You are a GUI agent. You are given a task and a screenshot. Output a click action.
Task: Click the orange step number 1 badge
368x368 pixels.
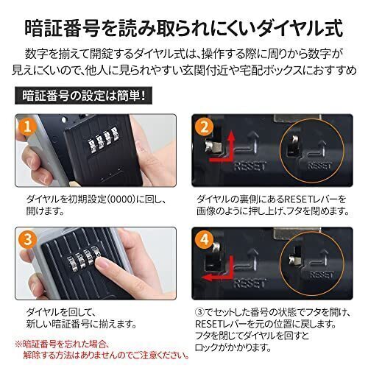click(27, 127)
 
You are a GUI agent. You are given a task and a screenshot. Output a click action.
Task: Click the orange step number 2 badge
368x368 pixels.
click(204, 127)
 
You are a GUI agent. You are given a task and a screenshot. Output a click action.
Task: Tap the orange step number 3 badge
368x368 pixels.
click(27, 240)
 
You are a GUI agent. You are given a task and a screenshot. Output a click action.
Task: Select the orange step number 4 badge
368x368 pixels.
click(204, 240)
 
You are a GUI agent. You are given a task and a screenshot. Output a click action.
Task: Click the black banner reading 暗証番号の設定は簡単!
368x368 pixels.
click(83, 96)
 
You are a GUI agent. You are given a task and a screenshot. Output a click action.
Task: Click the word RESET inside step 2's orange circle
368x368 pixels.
click(319, 166)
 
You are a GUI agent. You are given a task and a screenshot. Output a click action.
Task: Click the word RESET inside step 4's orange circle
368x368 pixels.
click(322, 275)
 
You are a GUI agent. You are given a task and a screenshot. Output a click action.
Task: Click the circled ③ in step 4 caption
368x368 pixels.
click(199, 313)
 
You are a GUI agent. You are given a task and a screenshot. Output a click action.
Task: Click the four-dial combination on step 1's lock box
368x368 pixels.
click(103, 140)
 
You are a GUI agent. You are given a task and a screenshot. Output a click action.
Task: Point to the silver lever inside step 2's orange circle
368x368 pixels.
click(294, 141)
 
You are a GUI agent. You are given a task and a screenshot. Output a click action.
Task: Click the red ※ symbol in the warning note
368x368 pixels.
click(18, 344)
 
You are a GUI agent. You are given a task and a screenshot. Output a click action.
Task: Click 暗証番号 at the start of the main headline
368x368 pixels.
click(63, 29)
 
